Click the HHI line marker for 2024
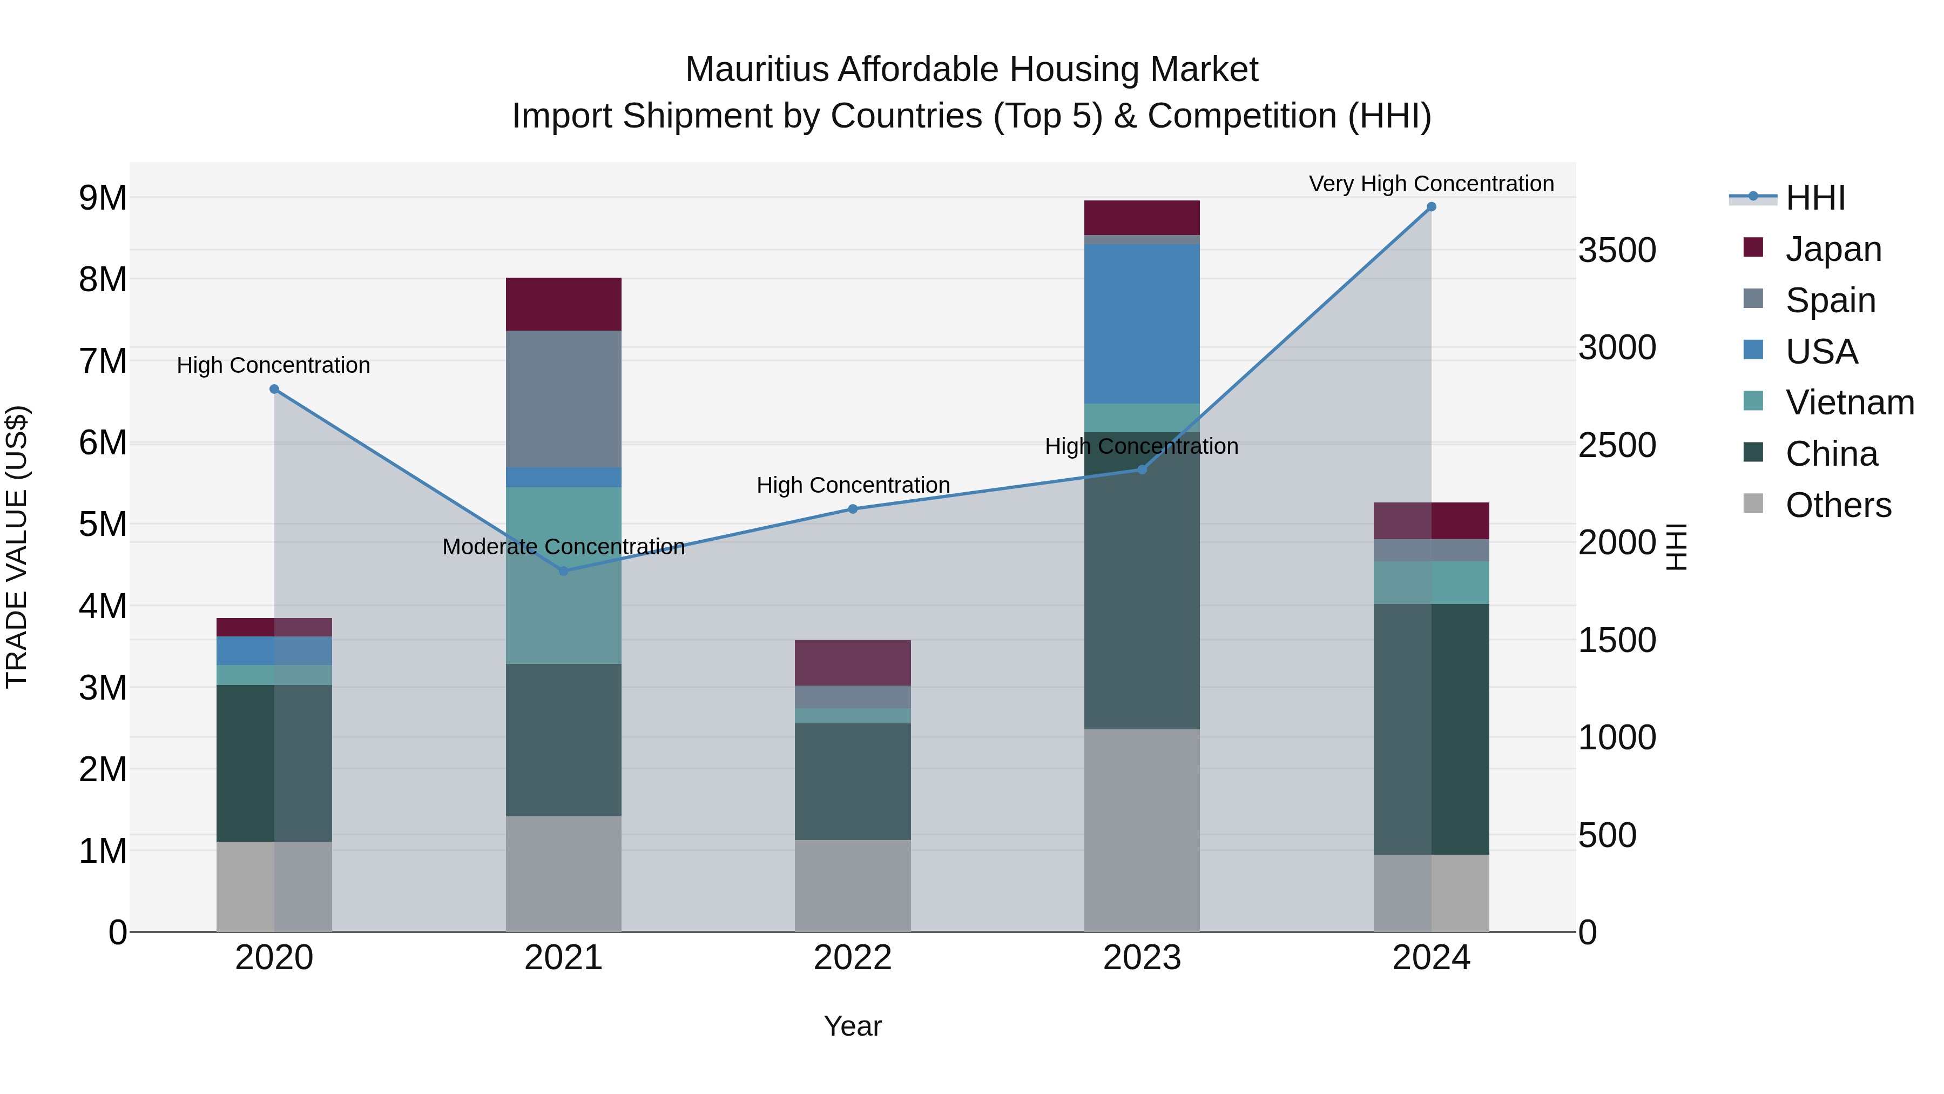tap(1431, 207)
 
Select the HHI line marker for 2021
tap(563, 571)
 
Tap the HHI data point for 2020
tap(274, 390)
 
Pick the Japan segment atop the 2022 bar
tap(852, 662)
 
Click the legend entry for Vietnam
tap(1849, 402)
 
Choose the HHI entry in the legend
tap(1814, 198)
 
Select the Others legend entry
tap(1837, 505)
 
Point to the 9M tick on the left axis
tap(103, 198)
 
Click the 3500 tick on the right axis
tap(1616, 251)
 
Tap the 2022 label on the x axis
tap(852, 958)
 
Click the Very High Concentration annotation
tap(1431, 184)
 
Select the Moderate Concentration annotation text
tap(563, 547)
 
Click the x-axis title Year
tap(852, 1026)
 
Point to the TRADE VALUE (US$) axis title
tap(17, 547)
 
